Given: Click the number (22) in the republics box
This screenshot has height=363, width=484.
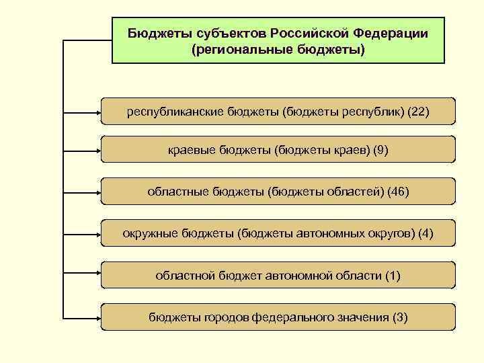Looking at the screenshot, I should (417, 111).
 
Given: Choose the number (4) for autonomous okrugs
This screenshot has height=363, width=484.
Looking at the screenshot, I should (426, 233).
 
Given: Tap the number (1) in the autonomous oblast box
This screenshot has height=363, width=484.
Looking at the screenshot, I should (392, 275).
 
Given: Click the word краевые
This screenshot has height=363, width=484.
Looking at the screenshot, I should (192, 150).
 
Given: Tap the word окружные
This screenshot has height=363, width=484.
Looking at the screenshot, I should (151, 233).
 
